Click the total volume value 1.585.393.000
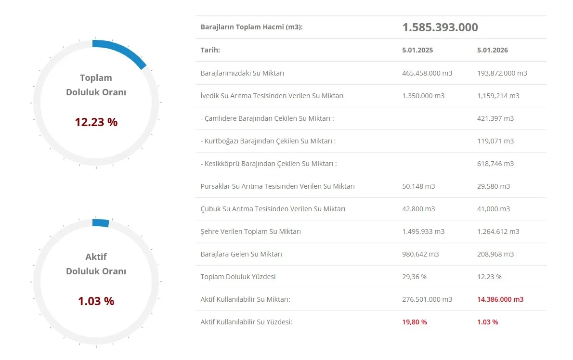pyautogui.click(x=440, y=27)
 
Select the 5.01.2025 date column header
pyautogui.click(x=417, y=50)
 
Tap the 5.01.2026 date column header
pyautogui.click(x=492, y=50)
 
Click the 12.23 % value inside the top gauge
pyautogui.click(x=96, y=122)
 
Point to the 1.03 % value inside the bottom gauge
pyautogui.click(x=96, y=301)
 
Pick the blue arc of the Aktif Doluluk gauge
pyautogui.click(x=101, y=223)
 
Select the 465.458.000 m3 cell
pyautogui.click(x=427, y=73)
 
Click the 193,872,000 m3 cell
pyautogui.click(x=502, y=73)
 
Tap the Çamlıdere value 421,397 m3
pyautogui.click(x=495, y=118)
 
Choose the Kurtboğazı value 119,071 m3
pyautogui.click(x=495, y=141)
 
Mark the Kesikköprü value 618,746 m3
pyautogui.click(x=495, y=164)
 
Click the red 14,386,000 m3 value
pyautogui.click(x=500, y=299)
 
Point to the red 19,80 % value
pyautogui.click(x=415, y=322)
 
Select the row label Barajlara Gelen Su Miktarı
pyautogui.click(x=241, y=254)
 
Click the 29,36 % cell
pyautogui.click(x=414, y=277)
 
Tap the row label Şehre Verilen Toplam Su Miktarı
pyautogui.click(x=250, y=231)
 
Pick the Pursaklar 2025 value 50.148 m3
pyautogui.click(x=418, y=186)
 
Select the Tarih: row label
pyautogui.click(x=210, y=50)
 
